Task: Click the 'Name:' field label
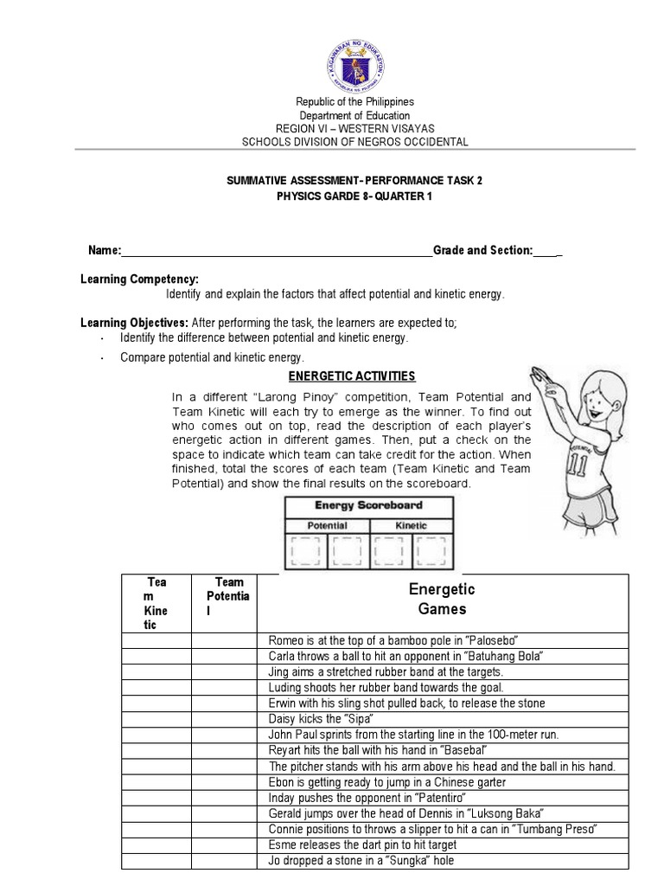(x=105, y=250)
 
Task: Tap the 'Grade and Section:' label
(x=482, y=250)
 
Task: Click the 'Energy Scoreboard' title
(x=368, y=505)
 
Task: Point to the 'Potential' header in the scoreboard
(x=328, y=525)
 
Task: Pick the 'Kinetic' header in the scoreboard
(x=411, y=525)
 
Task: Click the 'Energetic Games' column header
(x=442, y=599)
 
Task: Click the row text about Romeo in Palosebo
(x=393, y=640)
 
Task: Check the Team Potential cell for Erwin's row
(x=224, y=703)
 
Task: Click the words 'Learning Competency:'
(x=139, y=279)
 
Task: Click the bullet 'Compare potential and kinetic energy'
(x=212, y=356)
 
